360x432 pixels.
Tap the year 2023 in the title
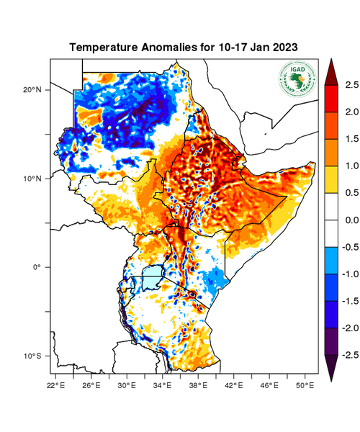click(x=283, y=47)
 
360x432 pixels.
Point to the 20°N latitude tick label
click(x=33, y=90)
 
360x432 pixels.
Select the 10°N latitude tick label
click(x=33, y=179)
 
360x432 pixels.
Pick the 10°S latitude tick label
click(x=33, y=356)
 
